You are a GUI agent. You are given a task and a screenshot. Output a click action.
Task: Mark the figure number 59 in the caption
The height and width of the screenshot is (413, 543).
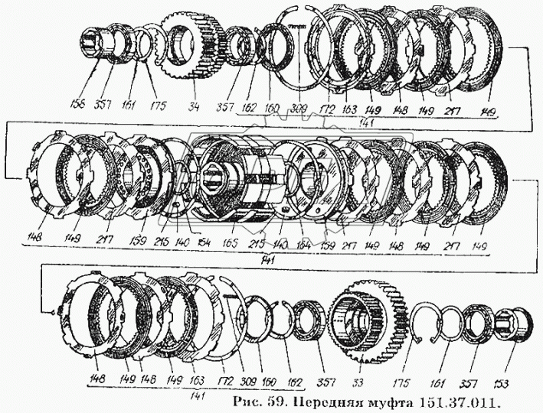[274, 399]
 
